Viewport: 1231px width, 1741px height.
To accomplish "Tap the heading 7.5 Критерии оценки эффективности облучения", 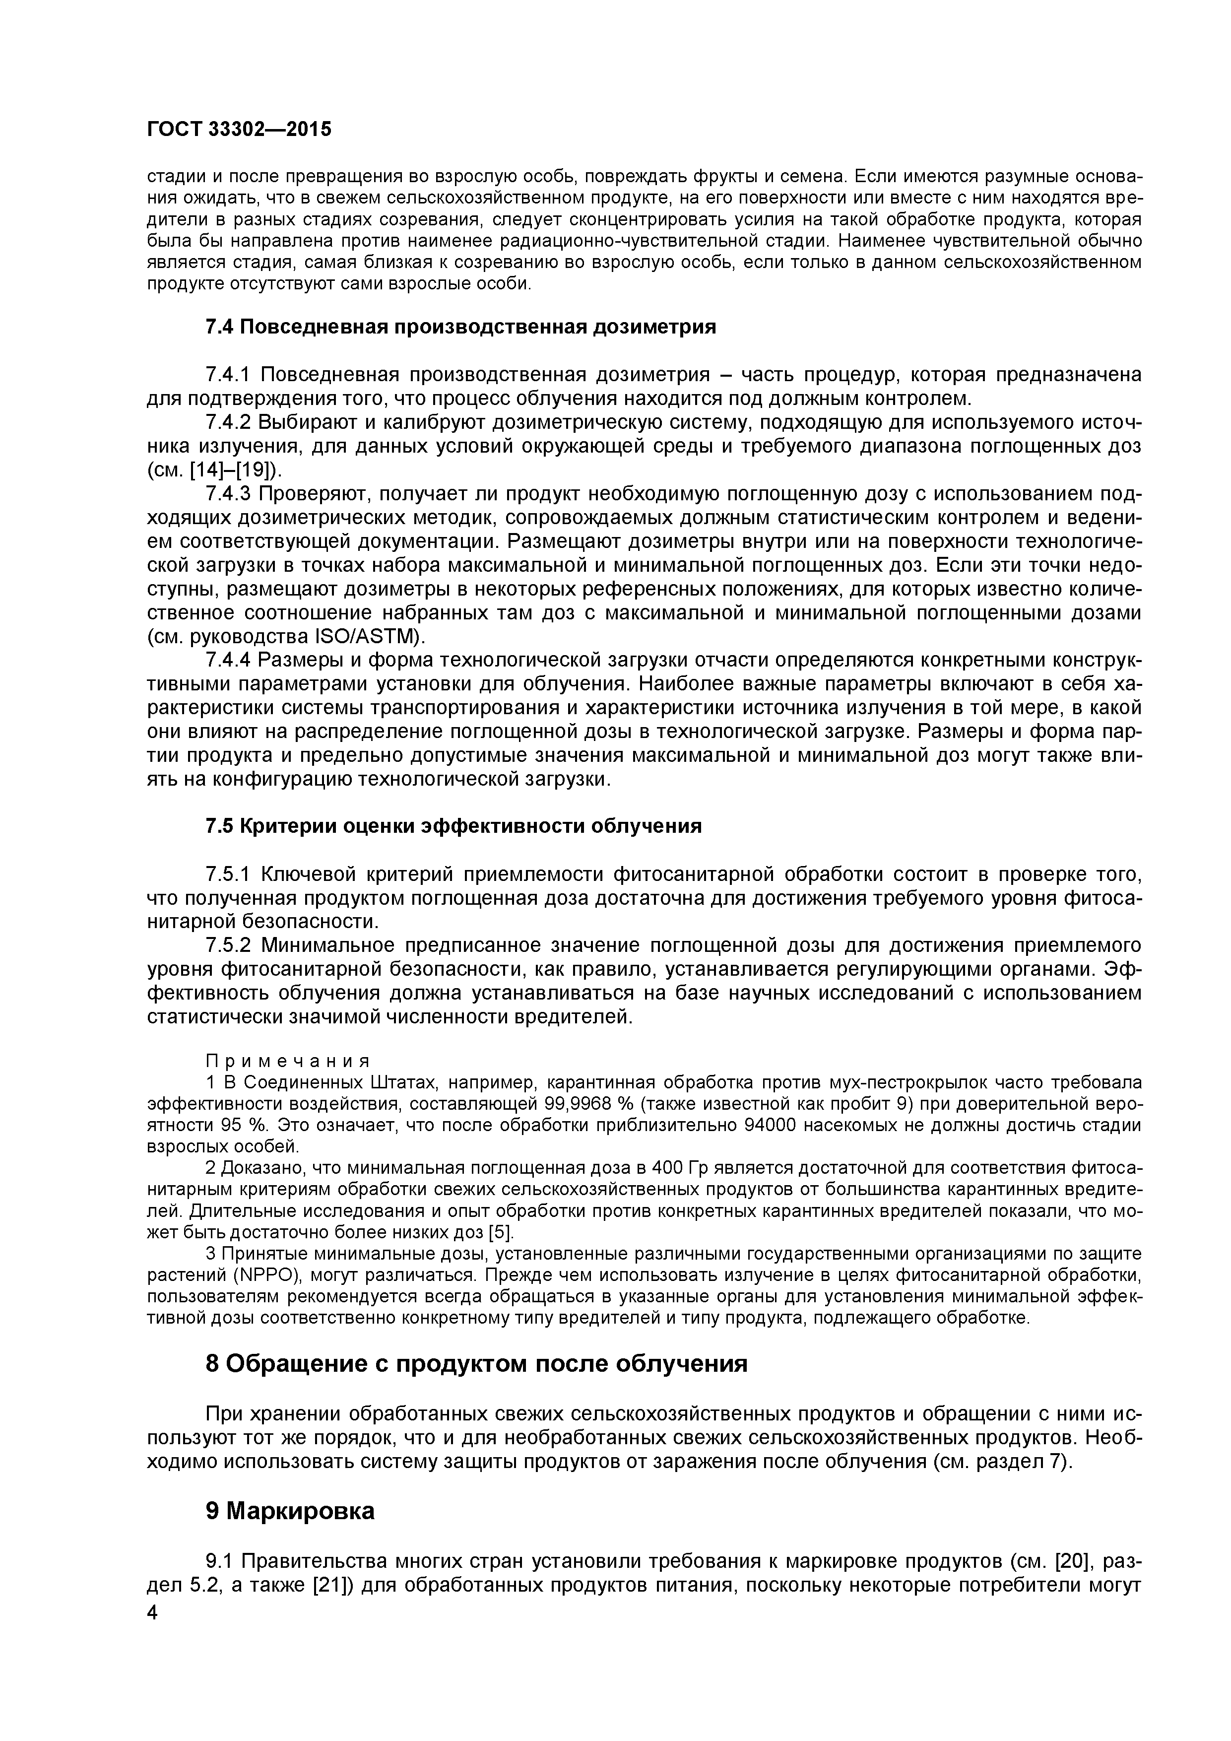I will pyautogui.click(x=454, y=826).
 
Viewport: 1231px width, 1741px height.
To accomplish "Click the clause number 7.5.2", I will pyautogui.click(x=230, y=945).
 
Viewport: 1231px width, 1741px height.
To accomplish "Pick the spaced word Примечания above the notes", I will pyautogui.click(x=288, y=1060).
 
